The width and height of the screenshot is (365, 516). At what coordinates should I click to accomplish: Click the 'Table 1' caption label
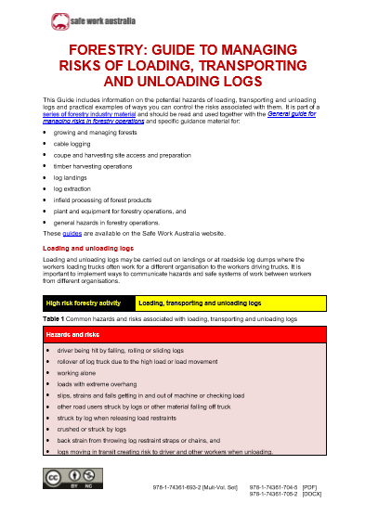tap(56, 318)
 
